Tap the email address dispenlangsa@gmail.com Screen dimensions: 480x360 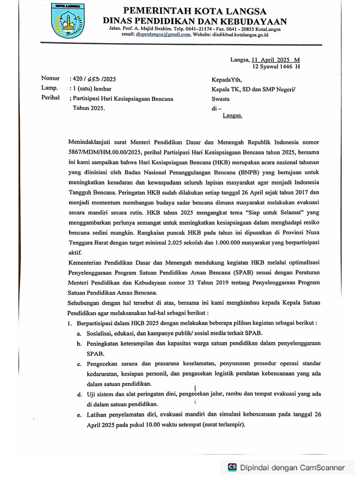tap(160, 35)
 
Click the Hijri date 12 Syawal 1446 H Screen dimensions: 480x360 tap(276, 67)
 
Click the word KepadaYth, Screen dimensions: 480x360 tap(227, 80)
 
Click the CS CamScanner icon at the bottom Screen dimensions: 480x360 tap(232, 467)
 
